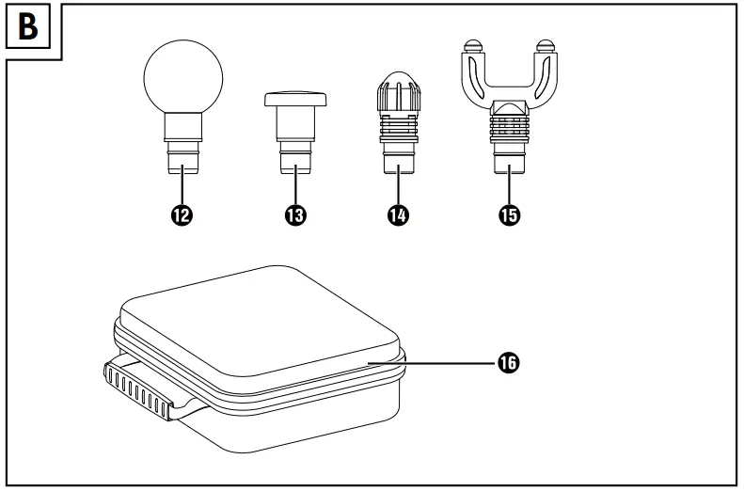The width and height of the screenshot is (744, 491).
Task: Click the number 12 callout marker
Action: tap(182, 215)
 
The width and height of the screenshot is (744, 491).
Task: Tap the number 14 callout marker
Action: tap(399, 215)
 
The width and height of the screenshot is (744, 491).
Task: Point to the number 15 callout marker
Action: tap(509, 215)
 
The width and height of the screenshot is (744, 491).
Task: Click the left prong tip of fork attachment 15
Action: tap(471, 45)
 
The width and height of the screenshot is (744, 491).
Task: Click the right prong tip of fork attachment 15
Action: tap(546, 45)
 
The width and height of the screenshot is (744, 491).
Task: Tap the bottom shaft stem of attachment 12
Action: tap(182, 162)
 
